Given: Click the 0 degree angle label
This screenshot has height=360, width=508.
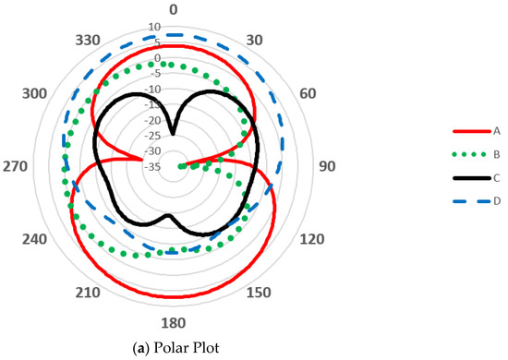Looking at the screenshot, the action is (173, 9).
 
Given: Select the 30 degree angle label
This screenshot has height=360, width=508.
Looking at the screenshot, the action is (258, 40).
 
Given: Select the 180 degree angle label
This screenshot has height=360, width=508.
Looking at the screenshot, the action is (173, 322).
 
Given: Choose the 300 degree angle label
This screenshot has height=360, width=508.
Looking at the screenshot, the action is (36, 94).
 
